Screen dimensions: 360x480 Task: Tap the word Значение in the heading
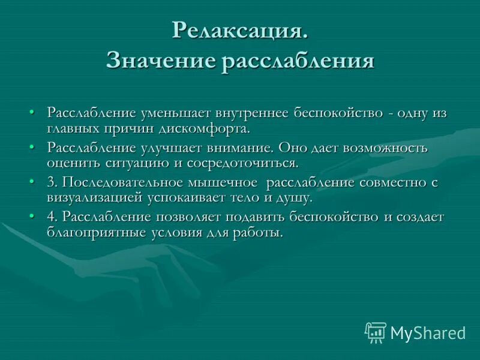coord(160,62)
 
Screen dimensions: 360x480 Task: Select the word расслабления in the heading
coord(298,62)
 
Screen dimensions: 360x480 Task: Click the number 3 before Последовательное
coord(50,182)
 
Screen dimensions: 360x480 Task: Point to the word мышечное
coord(226,182)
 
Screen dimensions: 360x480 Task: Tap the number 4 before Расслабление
coord(50,217)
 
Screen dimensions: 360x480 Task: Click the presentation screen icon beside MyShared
coord(376,332)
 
